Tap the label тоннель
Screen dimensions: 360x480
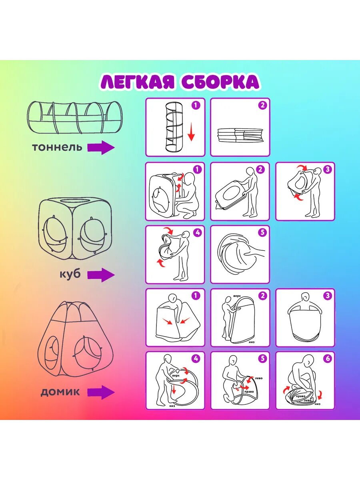tap(57, 147)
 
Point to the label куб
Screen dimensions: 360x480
tap(71, 274)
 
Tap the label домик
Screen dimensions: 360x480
tap(60, 392)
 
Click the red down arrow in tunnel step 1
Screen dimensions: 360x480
tap(191, 132)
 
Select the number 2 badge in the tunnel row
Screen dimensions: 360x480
tap(262, 106)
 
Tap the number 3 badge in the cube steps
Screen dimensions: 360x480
tap(327, 169)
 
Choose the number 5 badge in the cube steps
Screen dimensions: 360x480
tap(262, 232)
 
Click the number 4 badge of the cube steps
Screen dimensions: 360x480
tap(196, 232)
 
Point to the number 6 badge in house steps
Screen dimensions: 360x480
tap(327, 358)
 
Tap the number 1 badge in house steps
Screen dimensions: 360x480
tap(196, 296)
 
